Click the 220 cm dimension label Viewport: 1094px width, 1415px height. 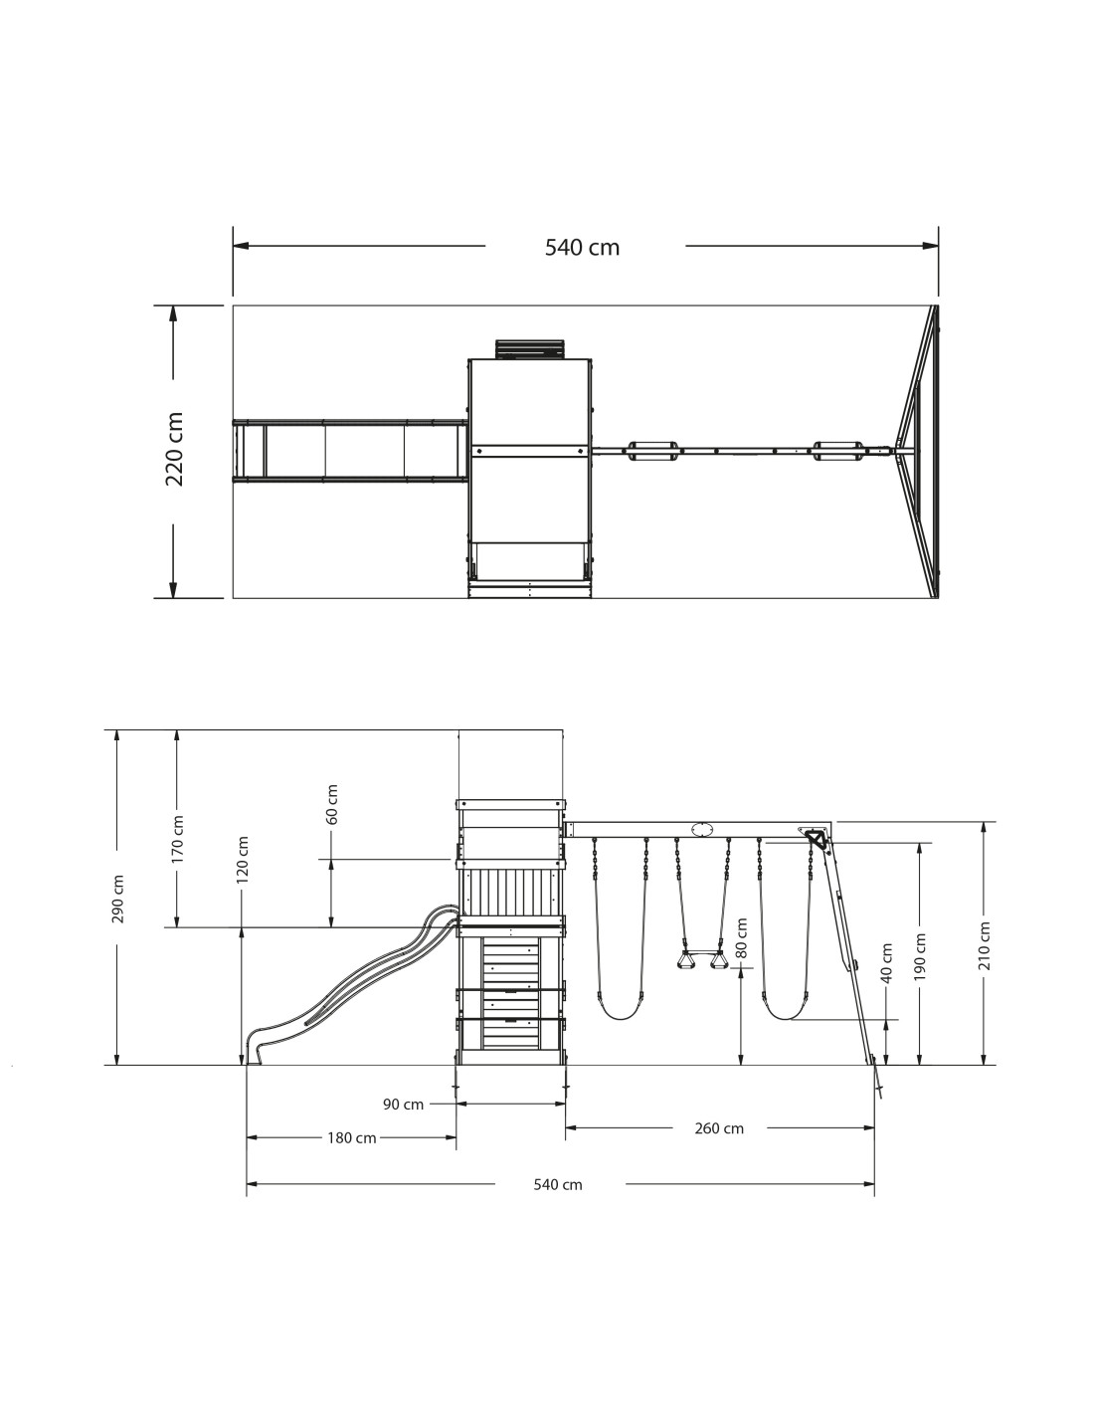(174, 449)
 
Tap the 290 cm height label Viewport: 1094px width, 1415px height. (117, 899)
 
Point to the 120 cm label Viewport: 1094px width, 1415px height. (243, 860)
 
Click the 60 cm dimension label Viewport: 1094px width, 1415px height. (332, 804)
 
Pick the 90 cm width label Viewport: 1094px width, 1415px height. (403, 1105)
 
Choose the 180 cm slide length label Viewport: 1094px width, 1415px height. (351, 1138)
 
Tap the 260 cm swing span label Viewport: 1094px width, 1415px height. (718, 1128)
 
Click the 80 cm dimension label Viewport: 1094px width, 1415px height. (741, 937)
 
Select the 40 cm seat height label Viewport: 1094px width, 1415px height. (886, 962)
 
